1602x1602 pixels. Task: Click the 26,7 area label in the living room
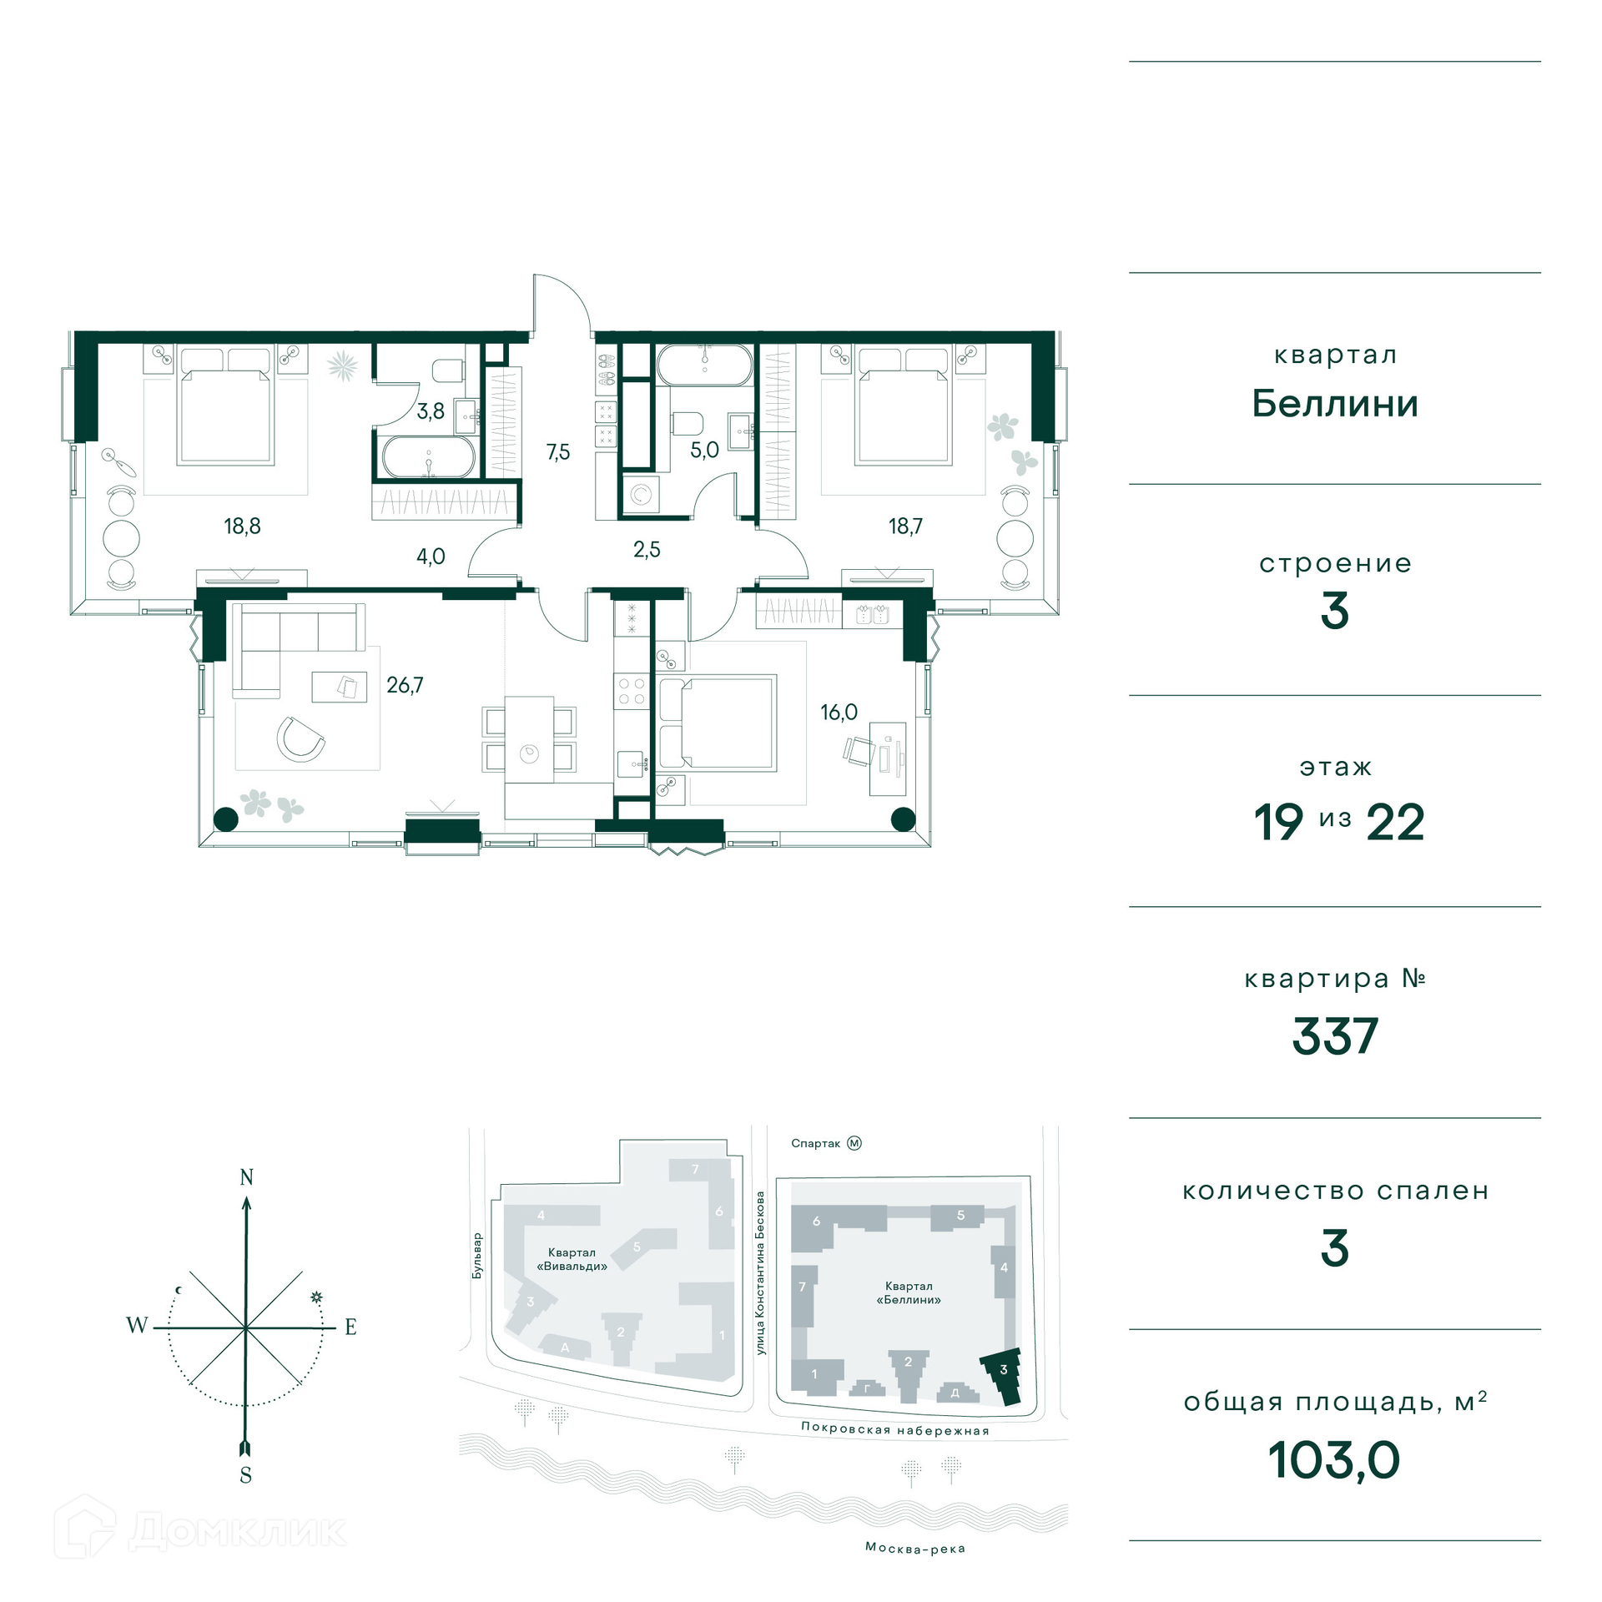click(405, 685)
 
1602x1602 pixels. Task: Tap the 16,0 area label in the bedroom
click(839, 712)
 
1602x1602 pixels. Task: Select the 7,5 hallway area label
click(558, 452)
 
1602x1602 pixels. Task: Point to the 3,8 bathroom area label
click(431, 411)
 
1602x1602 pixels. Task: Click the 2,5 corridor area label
click(647, 549)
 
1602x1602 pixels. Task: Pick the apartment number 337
click(1335, 1036)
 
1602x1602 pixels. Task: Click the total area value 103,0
click(1334, 1460)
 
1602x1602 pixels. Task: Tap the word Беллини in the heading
click(1335, 404)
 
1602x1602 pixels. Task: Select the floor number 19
click(1278, 823)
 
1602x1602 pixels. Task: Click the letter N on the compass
click(247, 1177)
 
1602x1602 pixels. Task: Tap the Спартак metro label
click(815, 1143)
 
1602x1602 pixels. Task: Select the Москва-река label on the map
click(915, 1549)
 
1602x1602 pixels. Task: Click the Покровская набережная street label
click(895, 1428)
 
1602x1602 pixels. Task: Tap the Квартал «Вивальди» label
click(572, 1259)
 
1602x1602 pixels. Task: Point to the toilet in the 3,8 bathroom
click(449, 370)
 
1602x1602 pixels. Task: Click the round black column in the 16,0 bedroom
click(904, 819)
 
